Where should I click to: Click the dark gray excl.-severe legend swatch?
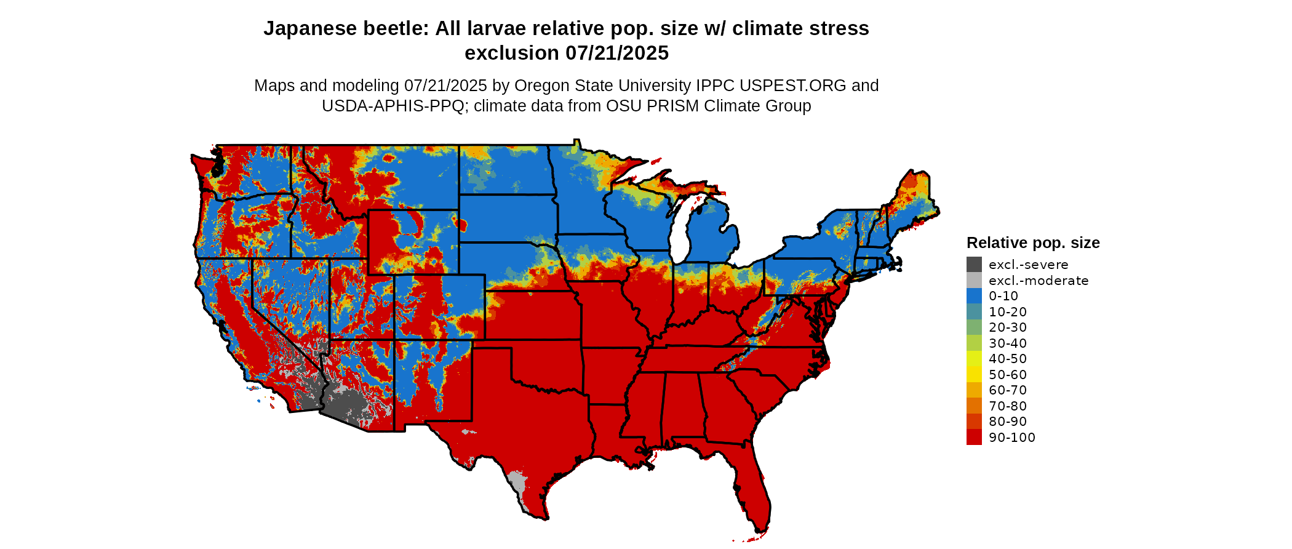[974, 265]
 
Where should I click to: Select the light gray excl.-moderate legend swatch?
[974, 281]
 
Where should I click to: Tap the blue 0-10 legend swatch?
[974, 296]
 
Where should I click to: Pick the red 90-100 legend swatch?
[974, 438]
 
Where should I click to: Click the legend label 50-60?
[1008, 375]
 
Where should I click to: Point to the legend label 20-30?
[1008, 327]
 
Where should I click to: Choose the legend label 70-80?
[1008, 406]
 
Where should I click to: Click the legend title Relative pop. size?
[1033, 242]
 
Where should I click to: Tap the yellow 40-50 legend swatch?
[974, 359]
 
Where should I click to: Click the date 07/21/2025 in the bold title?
[617, 54]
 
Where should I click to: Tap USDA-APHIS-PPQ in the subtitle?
[393, 106]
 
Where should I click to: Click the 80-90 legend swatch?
[974, 422]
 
